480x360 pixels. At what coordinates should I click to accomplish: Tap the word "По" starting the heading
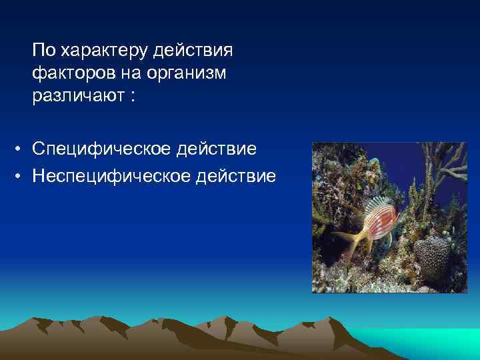coord(44,50)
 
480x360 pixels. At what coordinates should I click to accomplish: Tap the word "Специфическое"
coord(101,148)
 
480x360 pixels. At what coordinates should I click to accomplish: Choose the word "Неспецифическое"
coord(111,177)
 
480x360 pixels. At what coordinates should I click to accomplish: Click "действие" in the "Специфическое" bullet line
coord(217,148)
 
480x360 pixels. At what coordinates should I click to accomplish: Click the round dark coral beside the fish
coord(433,257)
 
